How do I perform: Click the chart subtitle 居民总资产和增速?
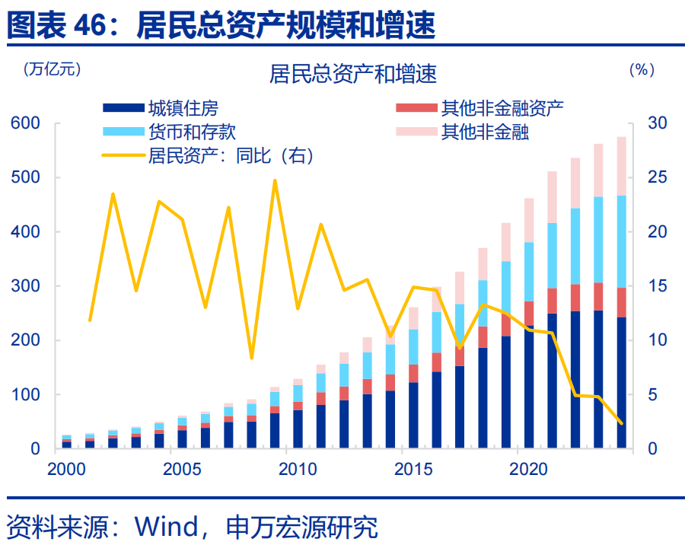pyautogui.click(x=352, y=74)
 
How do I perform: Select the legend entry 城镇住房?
pyautogui.click(x=183, y=108)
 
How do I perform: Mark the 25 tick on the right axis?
pyautogui.click(x=655, y=177)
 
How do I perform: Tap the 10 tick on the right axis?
pyautogui.click(x=655, y=340)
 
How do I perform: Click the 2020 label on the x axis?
pyautogui.click(x=529, y=467)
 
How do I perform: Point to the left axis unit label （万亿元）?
pyautogui.click(x=52, y=69)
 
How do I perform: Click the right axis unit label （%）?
pyautogui.click(x=642, y=69)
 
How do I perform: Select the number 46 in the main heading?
pyautogui.click(x=92, y=27)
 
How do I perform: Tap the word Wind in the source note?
pyautogui.click(x=164, y=526)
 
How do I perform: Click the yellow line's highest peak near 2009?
pyautogui.click(x=275, y=180)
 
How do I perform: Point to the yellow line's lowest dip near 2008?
pyautogui.click(x=252, y=357)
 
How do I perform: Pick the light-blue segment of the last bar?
pyautogui.click(x=622, y=241)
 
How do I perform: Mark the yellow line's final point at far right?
pyautogui.click(x=622, y=423)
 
